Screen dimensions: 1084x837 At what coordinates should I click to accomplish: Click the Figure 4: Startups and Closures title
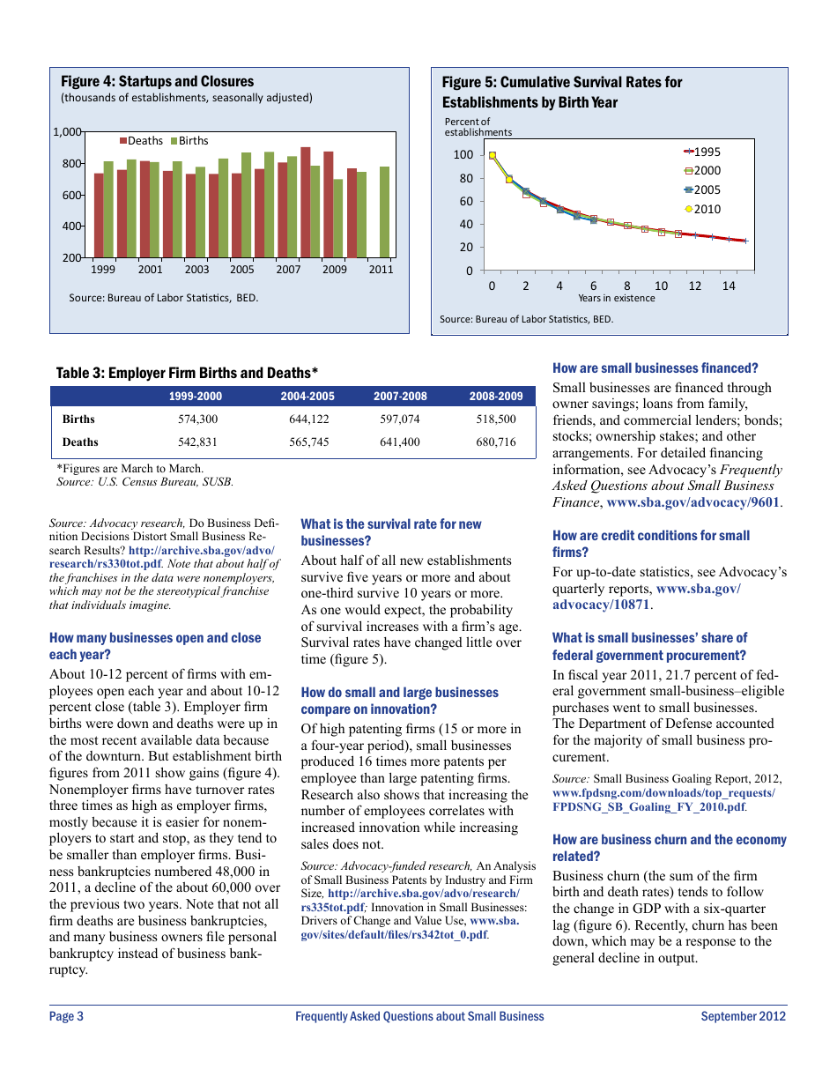[157, 81]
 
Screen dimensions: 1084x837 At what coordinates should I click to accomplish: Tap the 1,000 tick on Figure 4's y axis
[66, 132]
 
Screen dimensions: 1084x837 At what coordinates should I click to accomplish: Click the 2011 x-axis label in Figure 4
[381, 270]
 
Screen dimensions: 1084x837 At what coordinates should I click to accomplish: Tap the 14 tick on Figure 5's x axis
[729, 286]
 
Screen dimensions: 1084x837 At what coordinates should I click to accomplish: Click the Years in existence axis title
[616, 298]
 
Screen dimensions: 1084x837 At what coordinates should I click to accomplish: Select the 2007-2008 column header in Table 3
[400, 397]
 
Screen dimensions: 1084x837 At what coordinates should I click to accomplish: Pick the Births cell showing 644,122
[308, 419]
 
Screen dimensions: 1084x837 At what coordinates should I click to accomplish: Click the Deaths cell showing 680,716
[496, 442]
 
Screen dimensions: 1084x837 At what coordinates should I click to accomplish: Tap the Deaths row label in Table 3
[80, 442]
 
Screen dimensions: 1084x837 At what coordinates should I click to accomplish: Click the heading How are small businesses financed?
[655, 368]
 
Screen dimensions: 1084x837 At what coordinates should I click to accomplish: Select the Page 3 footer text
[66, 1016]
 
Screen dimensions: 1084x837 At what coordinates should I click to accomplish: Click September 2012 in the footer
[743, 1016]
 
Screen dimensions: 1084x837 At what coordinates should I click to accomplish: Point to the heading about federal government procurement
[649, 646]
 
